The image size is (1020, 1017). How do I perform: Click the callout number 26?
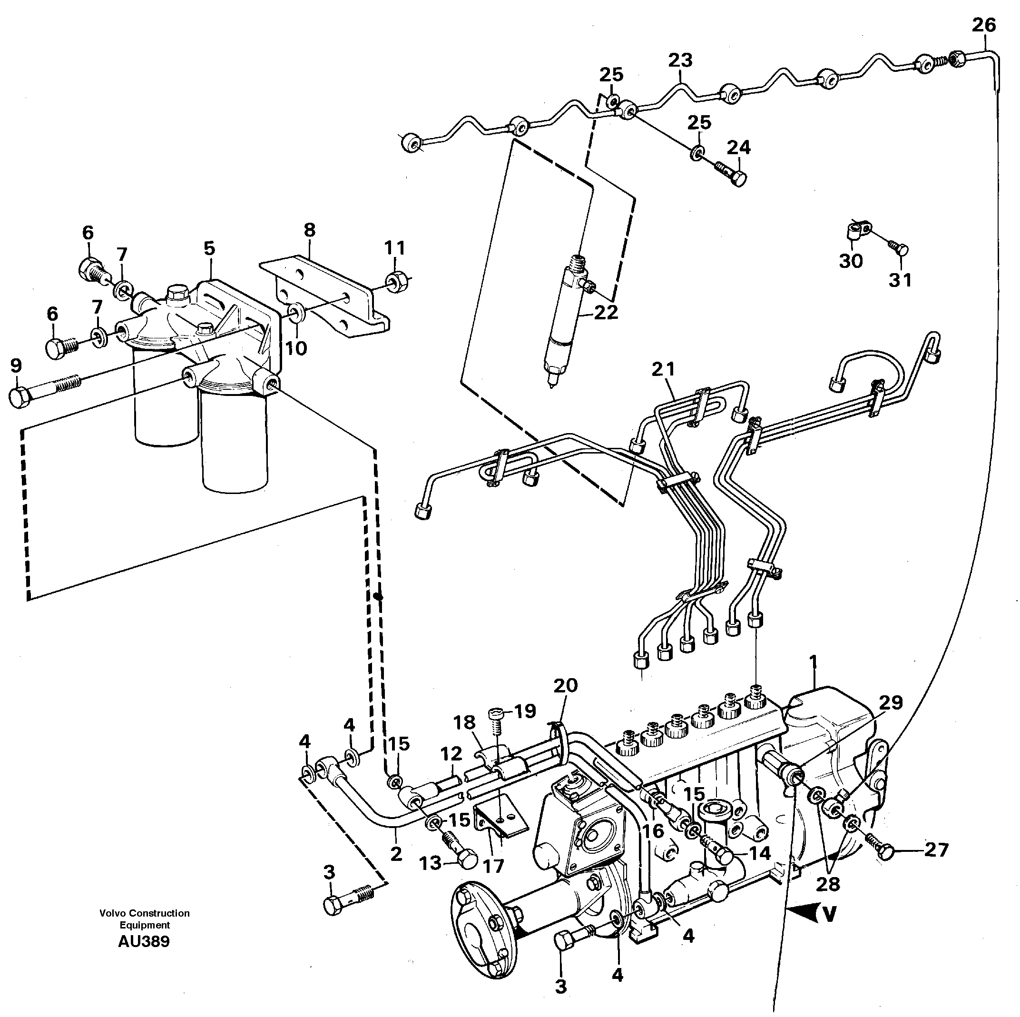[983, 25]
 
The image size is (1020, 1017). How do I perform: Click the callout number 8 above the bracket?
[309, 230]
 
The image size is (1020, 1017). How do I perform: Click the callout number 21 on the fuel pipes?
[663, 370]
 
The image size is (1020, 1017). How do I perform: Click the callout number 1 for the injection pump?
[813, 661]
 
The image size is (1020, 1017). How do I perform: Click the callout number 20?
[566, 686]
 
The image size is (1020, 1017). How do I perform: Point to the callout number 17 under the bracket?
[492, 866]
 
